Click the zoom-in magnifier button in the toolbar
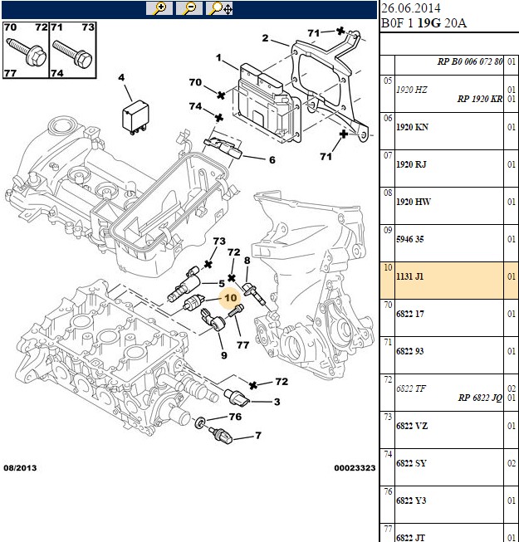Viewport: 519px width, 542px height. [159, 8]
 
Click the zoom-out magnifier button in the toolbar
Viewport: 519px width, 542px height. [189, 8]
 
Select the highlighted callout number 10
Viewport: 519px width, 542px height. [231, 298]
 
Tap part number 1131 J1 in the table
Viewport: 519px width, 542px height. [409, 276]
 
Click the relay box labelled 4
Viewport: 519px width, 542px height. [135, 116]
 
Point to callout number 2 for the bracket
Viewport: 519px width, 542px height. [265, 38]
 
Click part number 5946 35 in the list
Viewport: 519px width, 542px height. [409, 239]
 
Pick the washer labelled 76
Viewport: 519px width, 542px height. [200, 422]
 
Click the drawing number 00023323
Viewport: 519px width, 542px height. [355, 468]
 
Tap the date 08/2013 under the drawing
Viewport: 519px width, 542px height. [20, 468]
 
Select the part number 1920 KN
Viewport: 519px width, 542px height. [412, 127]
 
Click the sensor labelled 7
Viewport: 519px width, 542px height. [220, 436]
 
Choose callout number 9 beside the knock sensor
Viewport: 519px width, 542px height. [224, 355]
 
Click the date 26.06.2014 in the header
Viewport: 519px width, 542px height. [411, 8]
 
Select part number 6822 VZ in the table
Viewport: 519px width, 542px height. [412, 426]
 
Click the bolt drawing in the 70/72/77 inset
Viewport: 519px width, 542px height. [27, 51]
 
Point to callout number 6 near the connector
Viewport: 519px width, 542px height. [272, 160]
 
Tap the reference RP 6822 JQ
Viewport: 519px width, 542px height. [480, 398]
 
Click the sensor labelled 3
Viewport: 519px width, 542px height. [237, 398]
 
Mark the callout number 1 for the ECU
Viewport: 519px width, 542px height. [218, 57]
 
